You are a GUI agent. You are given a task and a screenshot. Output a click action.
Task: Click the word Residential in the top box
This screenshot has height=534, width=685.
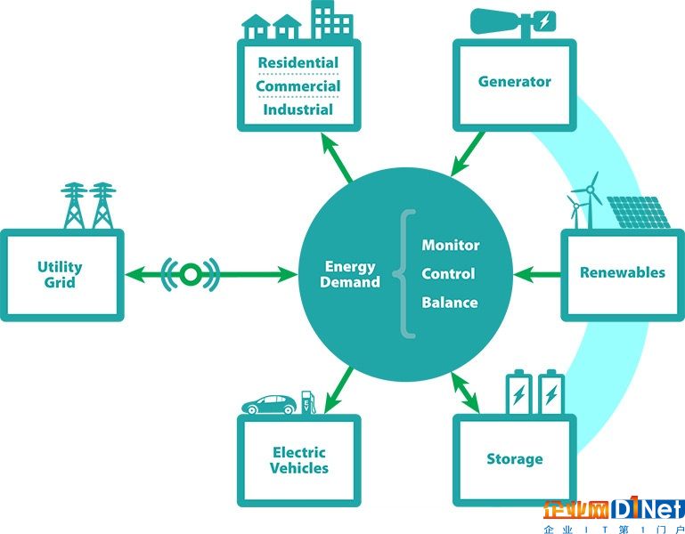(x=298, y=63)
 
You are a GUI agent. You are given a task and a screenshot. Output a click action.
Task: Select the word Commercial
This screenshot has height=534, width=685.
(x=298, y=86)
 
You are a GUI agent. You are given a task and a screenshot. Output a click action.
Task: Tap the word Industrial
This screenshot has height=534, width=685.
(x=298, y=109)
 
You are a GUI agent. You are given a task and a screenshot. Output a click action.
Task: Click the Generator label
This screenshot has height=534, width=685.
(x=515, y=81)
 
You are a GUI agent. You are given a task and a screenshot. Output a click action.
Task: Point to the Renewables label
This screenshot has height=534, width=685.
(x=623, y=272)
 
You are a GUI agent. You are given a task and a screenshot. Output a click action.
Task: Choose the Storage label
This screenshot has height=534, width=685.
(x=515, y=459)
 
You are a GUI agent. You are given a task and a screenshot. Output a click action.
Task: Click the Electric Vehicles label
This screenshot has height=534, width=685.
(x=299, y=460)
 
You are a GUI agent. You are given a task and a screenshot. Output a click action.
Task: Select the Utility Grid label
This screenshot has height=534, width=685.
(x=60, y=275)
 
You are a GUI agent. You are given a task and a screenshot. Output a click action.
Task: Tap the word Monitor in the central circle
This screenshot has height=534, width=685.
(x=451, y=245)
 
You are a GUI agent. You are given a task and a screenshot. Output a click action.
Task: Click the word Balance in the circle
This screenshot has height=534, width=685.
(x=450, y=303)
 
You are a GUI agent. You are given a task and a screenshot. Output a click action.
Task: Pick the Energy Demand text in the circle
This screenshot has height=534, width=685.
(x=350, y=274)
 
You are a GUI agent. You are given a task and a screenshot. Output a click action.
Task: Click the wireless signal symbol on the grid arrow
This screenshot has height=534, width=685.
(x=191, y=274)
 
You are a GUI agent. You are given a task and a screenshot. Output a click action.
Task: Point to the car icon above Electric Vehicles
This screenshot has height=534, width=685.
(x=270, y=404)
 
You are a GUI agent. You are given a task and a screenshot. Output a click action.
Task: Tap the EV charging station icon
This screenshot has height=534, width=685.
(x=308, y=402)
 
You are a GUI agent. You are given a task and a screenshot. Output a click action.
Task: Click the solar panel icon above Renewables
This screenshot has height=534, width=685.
(x=639, y=213)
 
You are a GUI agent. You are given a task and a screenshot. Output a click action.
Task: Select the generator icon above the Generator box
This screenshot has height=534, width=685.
(x=513, y=23)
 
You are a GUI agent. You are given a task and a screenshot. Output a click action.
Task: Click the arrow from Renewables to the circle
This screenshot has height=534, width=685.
(x=537, y=275)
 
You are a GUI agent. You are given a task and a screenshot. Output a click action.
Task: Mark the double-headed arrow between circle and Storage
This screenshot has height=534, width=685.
(x=465, y=392)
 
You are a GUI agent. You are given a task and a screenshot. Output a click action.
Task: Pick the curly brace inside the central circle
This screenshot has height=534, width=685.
(x=404, y=274)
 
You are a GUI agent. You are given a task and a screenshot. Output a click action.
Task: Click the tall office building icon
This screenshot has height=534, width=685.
(x=333, y=20)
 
